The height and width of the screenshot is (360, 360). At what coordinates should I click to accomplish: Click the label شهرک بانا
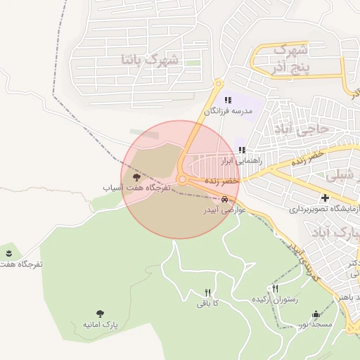150,60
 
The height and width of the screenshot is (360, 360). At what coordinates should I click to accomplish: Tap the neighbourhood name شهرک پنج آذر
288,58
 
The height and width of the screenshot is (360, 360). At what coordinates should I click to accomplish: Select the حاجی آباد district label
311,129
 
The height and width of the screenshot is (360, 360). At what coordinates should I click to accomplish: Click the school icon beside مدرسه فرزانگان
228,101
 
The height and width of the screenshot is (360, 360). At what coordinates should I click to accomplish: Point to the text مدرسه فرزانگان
227,111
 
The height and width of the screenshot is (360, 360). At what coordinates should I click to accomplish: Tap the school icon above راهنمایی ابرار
242,150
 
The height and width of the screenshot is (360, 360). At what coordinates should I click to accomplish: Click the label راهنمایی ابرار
241,161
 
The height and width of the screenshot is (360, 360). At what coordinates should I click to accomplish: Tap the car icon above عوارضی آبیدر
224,199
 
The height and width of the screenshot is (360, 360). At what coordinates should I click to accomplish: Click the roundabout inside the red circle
182,180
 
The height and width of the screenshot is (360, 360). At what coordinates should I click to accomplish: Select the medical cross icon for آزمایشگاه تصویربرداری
325,198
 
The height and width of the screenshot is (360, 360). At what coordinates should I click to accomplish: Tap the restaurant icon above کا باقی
207,292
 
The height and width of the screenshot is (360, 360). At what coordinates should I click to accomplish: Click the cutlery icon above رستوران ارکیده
275,288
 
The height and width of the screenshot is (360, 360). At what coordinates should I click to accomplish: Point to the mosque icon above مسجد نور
316,314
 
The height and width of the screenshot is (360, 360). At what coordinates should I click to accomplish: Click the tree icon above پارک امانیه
98,314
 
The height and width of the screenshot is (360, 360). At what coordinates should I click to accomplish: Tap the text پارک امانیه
98,325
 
